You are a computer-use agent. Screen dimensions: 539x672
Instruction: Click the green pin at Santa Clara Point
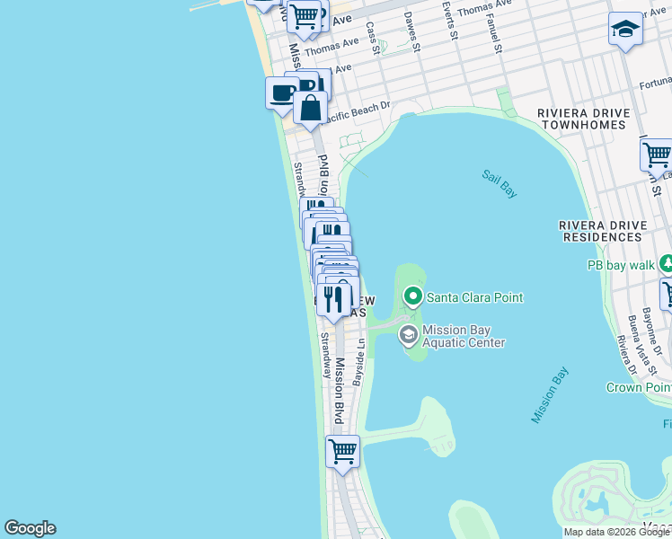(x=413, y=296)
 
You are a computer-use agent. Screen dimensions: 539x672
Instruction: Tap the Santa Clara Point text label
(x=474, y=297)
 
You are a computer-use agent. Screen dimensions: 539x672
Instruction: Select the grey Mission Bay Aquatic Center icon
(x=408, y=335)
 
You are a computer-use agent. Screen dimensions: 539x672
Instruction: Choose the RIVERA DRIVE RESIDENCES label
(x=600, y=230)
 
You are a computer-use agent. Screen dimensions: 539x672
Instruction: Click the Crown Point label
(x=638, y=387)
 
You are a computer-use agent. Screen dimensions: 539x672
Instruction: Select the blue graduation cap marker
(x=624, y=30)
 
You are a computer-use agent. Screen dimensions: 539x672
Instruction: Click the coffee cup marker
(x=282, y=93)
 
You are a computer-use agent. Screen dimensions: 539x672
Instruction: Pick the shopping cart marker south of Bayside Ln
(x=342, y=451)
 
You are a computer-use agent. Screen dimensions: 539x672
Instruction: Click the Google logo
(x=30, y=528)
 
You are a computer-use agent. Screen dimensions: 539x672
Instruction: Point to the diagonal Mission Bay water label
(x=551, y=395)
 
